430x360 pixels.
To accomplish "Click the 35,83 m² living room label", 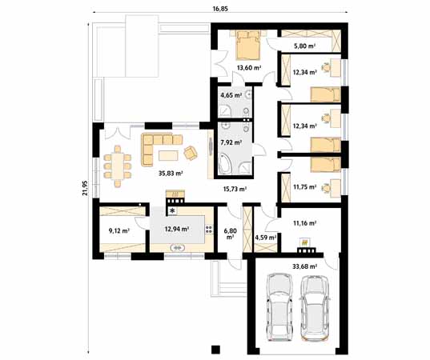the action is (171, 173).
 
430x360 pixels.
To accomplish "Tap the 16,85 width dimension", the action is (220, 9).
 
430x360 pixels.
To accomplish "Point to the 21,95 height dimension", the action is (86, 188).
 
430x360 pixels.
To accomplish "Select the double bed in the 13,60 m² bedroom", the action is (248, 45).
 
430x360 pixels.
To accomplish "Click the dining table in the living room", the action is (118, 166).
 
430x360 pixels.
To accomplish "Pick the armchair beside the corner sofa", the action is (191, 153).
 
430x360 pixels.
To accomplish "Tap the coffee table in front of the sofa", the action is (168, 156).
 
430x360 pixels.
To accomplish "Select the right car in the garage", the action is (314, 307).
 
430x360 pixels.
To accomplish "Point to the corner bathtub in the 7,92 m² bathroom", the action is (226, 163).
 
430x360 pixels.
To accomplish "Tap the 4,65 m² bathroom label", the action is (231, 95).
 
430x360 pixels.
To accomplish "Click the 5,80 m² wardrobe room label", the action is (304, 46).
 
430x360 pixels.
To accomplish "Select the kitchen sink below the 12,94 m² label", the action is (178, 248).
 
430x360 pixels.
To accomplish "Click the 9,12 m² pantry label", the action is (119, 230).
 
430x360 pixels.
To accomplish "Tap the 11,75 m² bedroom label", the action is (305, 187).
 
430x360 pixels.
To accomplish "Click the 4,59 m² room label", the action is (266, 238).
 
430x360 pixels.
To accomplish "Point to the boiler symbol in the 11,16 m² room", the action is (304, 242).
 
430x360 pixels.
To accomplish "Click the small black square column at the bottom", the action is (216, 349).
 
